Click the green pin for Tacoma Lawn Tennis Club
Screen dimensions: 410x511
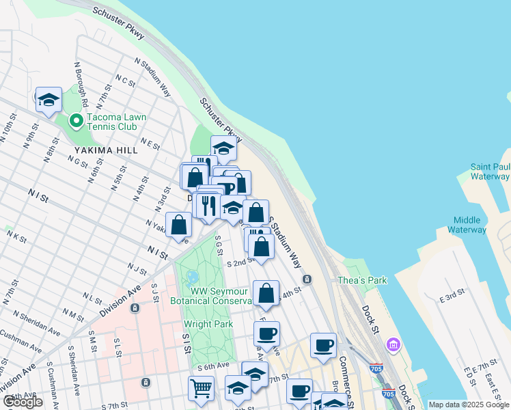(76, 122)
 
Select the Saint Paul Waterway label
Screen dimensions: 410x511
(490, 172)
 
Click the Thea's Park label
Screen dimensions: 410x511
(362, 280)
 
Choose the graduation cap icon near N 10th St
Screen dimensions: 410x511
(49, 100)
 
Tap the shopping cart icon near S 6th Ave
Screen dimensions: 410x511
(202, 388)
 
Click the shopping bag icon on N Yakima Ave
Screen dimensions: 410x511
(178, 225)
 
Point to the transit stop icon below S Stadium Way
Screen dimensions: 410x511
(307, 279)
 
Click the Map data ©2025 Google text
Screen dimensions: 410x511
(468, 405)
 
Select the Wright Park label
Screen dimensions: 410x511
(208, 324)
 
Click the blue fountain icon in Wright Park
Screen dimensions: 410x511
(192, 277)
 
